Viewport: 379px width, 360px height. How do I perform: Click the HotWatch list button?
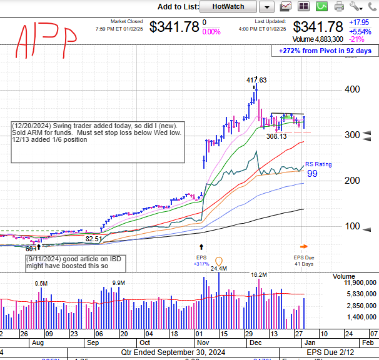click(228, 6)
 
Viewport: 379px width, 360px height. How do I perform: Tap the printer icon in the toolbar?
click(339, 6)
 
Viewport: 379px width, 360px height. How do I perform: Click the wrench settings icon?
click(356, 6)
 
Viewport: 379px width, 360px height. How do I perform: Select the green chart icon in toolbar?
click(322, 6)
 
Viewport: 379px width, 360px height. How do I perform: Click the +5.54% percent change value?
click(360, 31)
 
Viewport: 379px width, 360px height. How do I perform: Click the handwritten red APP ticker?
click(48, 39)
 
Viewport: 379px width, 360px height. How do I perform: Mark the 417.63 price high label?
click(256, 80)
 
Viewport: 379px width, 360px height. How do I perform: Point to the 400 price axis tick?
click(353, 89)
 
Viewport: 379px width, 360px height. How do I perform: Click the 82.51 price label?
click(94, 239)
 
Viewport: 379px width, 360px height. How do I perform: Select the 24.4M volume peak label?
click(218, 269)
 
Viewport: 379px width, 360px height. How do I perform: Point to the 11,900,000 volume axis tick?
click(359, 283)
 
